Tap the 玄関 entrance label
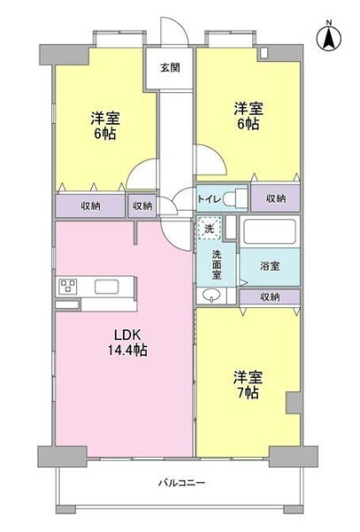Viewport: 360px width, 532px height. coord(171,67)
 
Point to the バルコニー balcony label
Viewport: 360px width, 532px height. coord(181,483)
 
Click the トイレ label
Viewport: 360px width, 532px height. coord(210,198)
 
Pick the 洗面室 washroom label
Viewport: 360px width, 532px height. coord(218,263)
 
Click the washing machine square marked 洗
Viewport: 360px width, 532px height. coord(209,228)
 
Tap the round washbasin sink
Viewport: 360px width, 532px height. coord(213,296)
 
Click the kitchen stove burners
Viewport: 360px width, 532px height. coord(69,286)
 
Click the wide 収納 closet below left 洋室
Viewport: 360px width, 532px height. coord(91,205)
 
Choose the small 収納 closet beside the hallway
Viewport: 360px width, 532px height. coord(142,205)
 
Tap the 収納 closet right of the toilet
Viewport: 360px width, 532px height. coord(275,198)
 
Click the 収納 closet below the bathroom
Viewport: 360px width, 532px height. coord(271,297)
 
